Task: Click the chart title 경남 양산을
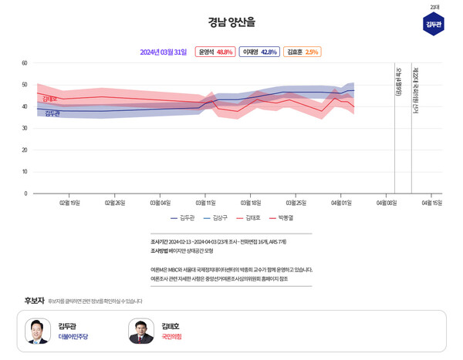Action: tap(231, 22)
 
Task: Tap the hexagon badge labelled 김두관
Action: tap(434, 24)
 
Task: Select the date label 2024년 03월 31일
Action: tap(164, 52)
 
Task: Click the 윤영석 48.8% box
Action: tap(215, 52)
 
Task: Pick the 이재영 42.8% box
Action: tap(259, 52)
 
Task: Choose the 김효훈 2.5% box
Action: tap(302, 52)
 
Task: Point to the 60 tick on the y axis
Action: tap(25, 63)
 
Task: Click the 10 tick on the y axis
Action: tap(25, 172)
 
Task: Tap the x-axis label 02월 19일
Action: tap(69, 204)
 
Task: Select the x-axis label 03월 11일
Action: tap(205, 204)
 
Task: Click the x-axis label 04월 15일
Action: tap(431, 204)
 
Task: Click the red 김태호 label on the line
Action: tap(50, 99)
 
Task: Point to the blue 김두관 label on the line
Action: tap(52, 113)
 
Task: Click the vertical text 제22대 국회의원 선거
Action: tap(415, 92)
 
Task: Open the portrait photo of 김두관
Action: tap(38, 331)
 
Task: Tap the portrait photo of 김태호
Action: tap(141, 331)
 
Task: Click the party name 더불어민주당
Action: tap(73, 337)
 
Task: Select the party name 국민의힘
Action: tap(171, 337)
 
